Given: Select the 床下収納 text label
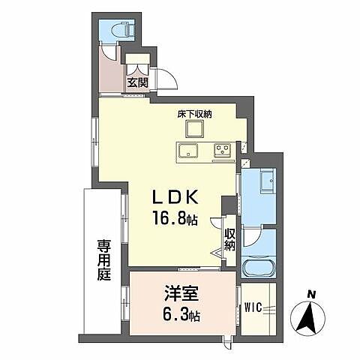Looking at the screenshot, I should [x=194, y=115].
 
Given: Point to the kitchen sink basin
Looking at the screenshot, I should [x=187, y=150].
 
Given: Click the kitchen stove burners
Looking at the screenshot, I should [x=223, y=150].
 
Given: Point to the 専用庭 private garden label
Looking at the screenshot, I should [x=104, y=259].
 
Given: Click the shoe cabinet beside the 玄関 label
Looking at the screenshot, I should [x=136, y=64].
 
